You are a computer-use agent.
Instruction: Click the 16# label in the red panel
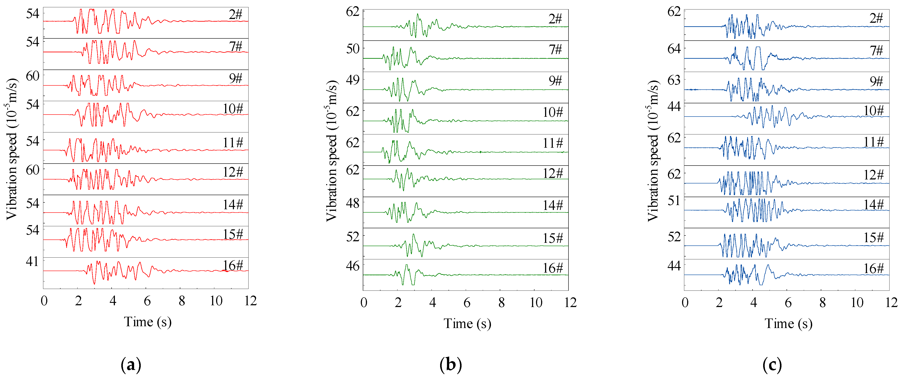(x=233, y=266)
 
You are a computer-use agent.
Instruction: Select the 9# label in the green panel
(x=555, y=81)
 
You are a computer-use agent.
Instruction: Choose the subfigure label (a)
(x=131, y=365)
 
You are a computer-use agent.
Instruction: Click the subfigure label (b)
(x=451, y=365)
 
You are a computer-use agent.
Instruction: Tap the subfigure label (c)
(x=772, y=365)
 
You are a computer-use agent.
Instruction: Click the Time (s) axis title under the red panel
(x=148, y=322)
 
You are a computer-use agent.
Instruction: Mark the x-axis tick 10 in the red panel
(x=216, y=301)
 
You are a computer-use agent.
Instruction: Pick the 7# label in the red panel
(x=236, y=46)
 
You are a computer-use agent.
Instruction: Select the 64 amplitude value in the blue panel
(x=674, y=49)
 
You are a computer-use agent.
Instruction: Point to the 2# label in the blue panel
(x=876, y=18)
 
